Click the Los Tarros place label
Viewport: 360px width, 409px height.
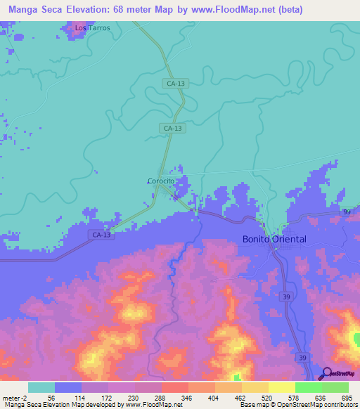coord(93,29)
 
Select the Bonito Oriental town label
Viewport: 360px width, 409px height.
coord(274,239)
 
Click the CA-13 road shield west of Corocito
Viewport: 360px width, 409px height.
coord(101,234)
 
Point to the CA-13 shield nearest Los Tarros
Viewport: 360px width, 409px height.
coord(175,84)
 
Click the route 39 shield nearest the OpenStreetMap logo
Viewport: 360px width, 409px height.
coord(303,358)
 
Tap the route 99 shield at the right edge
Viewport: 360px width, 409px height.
coord(347,211)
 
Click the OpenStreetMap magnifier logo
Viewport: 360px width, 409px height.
coord(326,373)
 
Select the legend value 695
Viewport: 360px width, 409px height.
coord(345,397)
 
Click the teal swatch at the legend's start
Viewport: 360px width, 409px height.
coord(41,387)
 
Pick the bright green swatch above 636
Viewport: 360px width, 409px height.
coord(308,387)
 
